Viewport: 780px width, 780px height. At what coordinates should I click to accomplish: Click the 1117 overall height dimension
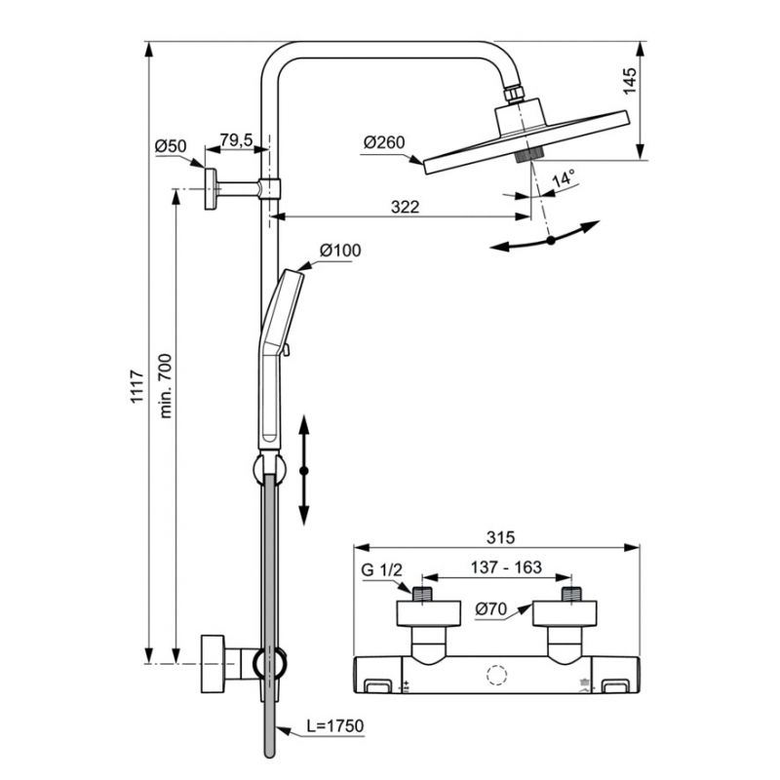click(136, 386)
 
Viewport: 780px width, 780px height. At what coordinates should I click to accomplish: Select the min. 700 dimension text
click(166, 385)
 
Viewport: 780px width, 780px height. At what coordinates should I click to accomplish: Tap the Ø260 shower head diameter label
click(384, 142)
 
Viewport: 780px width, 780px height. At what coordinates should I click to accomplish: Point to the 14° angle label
click(564, 178)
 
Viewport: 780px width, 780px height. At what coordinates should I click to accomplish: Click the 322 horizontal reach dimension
click(405, 207)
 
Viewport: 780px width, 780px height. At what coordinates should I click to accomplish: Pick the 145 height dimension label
click(629, 81)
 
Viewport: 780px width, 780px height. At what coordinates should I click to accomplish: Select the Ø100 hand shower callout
click(340, 251)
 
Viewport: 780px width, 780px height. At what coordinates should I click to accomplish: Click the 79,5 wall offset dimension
click(237, 139)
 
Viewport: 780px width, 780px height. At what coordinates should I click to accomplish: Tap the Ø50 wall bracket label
click(171, 146)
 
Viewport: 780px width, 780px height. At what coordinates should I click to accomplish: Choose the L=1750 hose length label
click(334, 725)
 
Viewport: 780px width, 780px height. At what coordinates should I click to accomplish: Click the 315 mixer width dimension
click(500, 537)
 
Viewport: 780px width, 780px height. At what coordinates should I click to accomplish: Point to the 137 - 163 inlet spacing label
click(506, 567)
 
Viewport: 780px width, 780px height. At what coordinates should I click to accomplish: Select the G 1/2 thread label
click(381, 569)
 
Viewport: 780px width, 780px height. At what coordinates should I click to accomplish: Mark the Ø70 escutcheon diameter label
click(490, 608)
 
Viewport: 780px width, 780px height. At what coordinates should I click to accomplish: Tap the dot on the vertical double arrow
click(304, 471)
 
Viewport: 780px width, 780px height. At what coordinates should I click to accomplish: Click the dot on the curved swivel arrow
click(551, 240)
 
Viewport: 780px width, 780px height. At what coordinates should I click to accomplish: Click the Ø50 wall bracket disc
click(211, 189)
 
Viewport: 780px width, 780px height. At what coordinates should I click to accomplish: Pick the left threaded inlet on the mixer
click(422, 594)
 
